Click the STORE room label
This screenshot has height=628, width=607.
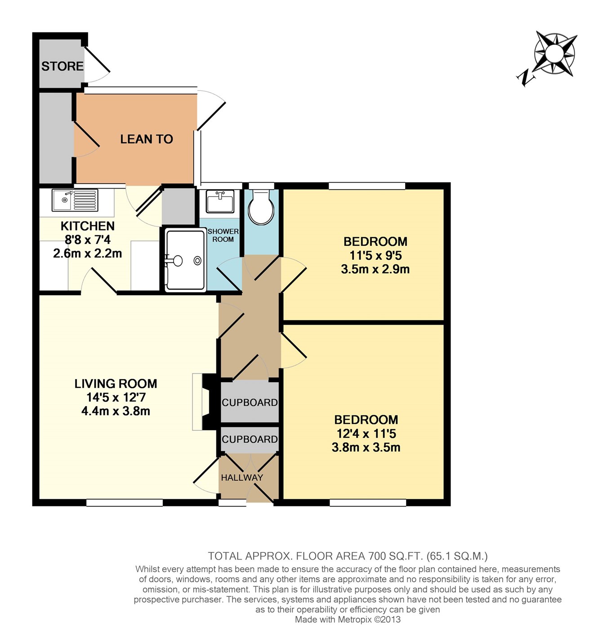click(62, 66)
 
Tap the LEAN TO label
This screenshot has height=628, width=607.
click(146, 139)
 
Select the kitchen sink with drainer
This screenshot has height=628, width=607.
click(75, 200)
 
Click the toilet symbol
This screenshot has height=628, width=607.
click(261, 207)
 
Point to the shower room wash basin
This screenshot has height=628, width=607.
click(220, 201)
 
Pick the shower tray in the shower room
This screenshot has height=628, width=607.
click(185, 260)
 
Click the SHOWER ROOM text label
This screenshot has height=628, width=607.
click(223, 235)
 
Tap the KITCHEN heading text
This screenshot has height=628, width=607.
click(87, 226)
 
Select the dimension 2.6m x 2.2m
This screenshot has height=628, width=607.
click(87, 253)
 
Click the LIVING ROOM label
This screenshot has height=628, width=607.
click(116, 384)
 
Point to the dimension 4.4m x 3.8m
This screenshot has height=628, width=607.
click(116, 411)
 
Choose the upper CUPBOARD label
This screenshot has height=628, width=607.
click(250, 402)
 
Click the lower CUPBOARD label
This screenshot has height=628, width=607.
click(250, 439)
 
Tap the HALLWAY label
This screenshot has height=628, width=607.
click(242, 478)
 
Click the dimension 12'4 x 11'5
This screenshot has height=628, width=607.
click(366, 434)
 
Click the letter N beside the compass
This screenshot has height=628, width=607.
click(526, 78)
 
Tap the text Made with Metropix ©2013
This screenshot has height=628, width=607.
click(348, 619)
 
